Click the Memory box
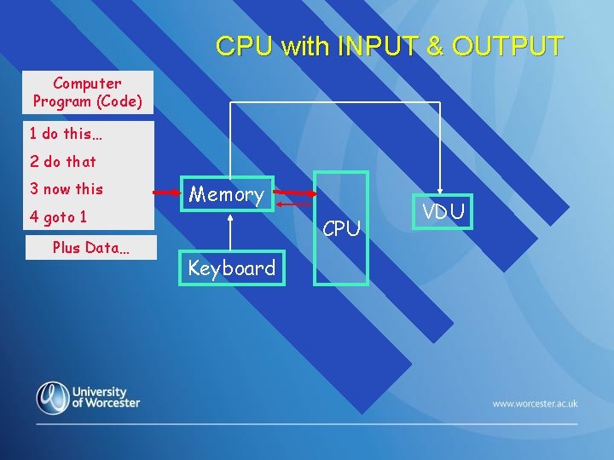coord(227,194)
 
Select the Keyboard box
coord(232,268)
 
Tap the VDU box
coord(443,212)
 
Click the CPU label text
coord(342,228)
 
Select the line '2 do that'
coord(63,161)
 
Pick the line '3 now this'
coord(67,189)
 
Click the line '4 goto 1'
coord(59,217)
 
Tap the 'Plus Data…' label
coord(91,247)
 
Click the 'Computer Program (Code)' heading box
coord(88,93)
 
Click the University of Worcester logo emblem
coord(53,398)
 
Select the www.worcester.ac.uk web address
coord(535,403)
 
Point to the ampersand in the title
coord(435,46)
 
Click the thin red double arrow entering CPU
coord(296,204)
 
